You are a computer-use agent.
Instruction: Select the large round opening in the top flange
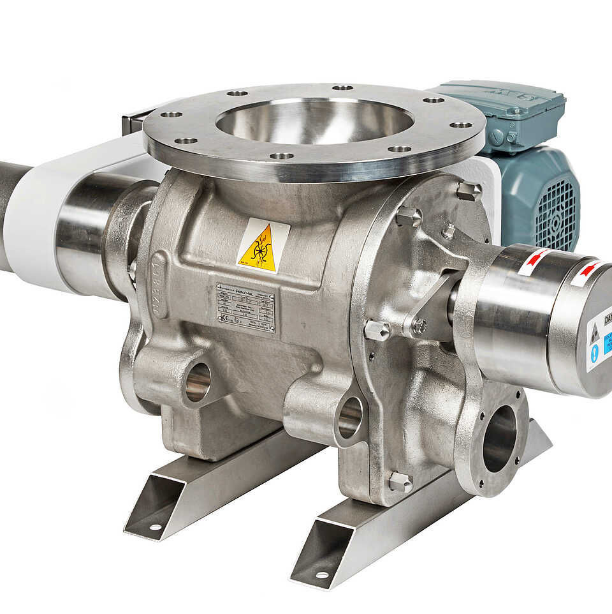click(x=315, y=121)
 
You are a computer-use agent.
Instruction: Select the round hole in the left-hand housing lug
click(x=198, y=382)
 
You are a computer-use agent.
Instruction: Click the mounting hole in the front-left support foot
click(x=155, y=527)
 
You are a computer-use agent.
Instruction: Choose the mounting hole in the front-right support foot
click(x=323, y=574)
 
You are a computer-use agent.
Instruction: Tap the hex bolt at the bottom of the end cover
click(x=400, y=482)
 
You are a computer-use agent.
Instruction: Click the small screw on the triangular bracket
click(x=419, y=326)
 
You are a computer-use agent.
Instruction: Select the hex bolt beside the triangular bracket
click(x=377, y=330)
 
